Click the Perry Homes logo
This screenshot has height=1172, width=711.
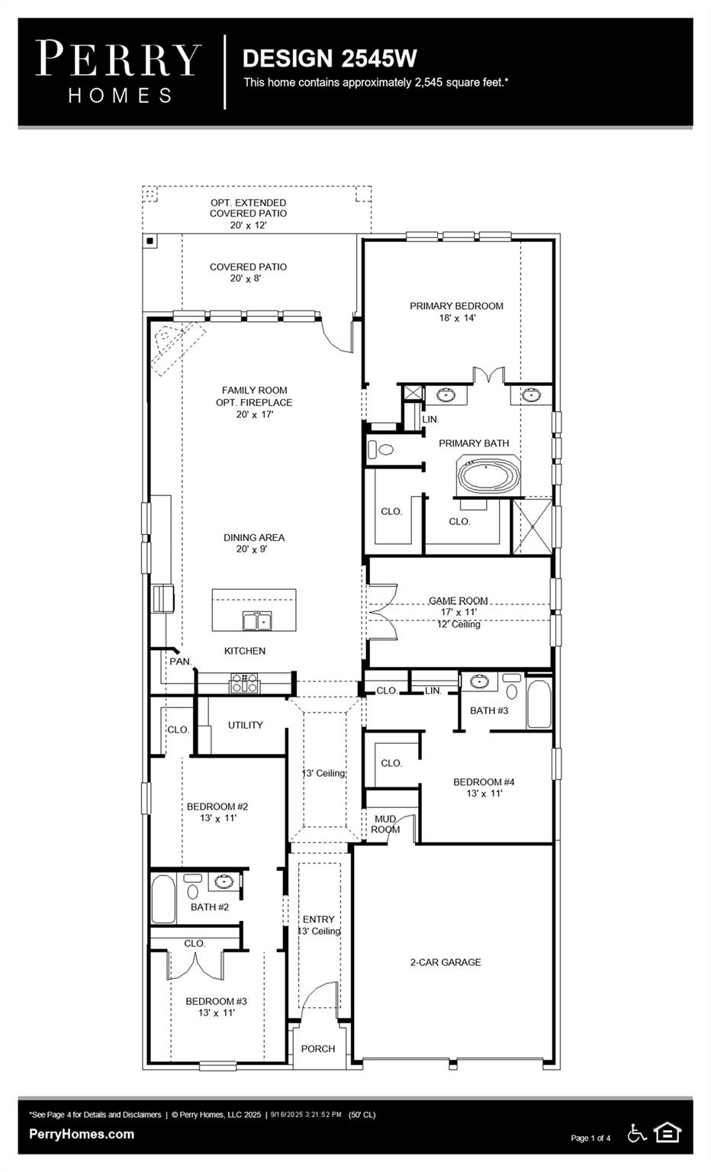[118, 71]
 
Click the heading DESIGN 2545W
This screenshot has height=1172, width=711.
[330, 59]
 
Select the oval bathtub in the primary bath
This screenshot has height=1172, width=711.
[488, 476]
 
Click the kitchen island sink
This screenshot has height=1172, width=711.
[257, 621]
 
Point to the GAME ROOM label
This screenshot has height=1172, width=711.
[458, 600]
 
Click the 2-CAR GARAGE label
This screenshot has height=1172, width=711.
[446, 962]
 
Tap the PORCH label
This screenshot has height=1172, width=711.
[318, 1048]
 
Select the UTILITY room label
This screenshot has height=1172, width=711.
[245, 725]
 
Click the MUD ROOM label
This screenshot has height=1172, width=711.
[385, 824]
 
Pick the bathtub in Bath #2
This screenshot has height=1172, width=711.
[163, 900]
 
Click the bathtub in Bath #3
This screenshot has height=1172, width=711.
[539, 704]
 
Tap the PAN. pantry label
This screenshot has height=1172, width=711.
[181, 662]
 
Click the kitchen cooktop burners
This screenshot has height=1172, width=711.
[246, 682]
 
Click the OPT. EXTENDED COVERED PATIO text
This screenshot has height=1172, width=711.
[249, 214]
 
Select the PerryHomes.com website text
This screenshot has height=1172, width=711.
[82, 1134]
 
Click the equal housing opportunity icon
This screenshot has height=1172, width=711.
[668, 1133]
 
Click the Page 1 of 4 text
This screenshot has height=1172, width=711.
[590, 1138]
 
